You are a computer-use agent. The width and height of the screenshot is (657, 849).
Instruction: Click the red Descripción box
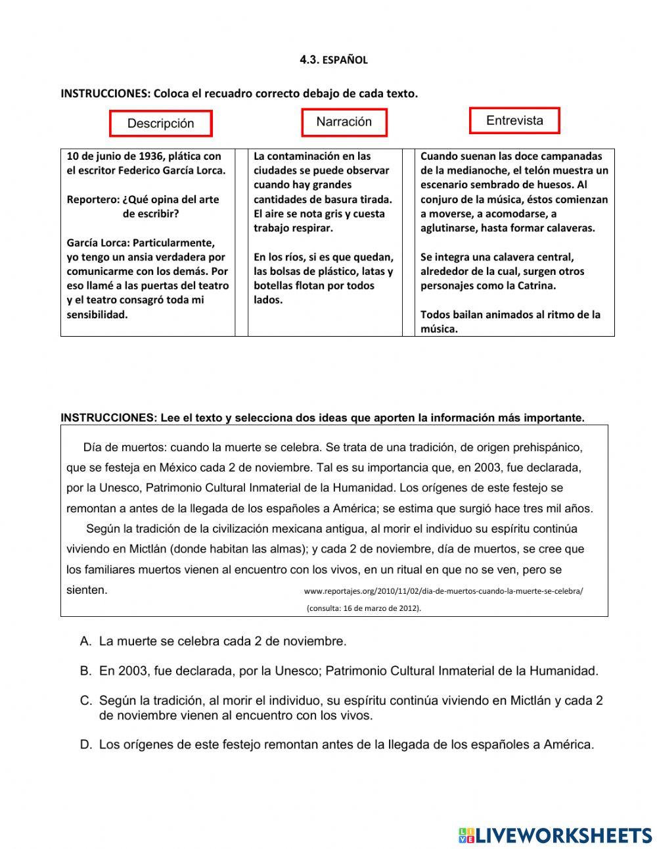coord(160,124)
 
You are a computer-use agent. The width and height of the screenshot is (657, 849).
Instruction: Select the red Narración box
coord(344,122)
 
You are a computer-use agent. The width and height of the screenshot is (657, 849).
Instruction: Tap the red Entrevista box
coord(514,121)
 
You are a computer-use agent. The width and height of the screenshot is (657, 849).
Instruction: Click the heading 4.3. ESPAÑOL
coord(333,60)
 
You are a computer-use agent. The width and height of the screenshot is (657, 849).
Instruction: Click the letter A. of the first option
coord(85,641)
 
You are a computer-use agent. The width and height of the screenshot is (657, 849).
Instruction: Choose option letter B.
coord(85,671)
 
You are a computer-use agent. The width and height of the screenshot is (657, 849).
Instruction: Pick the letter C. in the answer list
coord(85,701)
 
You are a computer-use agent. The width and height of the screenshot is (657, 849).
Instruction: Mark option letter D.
coord(85,745)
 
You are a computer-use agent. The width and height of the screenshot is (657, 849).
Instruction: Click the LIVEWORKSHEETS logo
coord(555,835)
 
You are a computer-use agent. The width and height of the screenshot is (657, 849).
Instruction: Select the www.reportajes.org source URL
coord(443,591)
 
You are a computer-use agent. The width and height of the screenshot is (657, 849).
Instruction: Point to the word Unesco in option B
coord(296,671)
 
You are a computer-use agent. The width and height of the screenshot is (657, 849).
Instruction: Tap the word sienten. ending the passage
coord(87,590)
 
